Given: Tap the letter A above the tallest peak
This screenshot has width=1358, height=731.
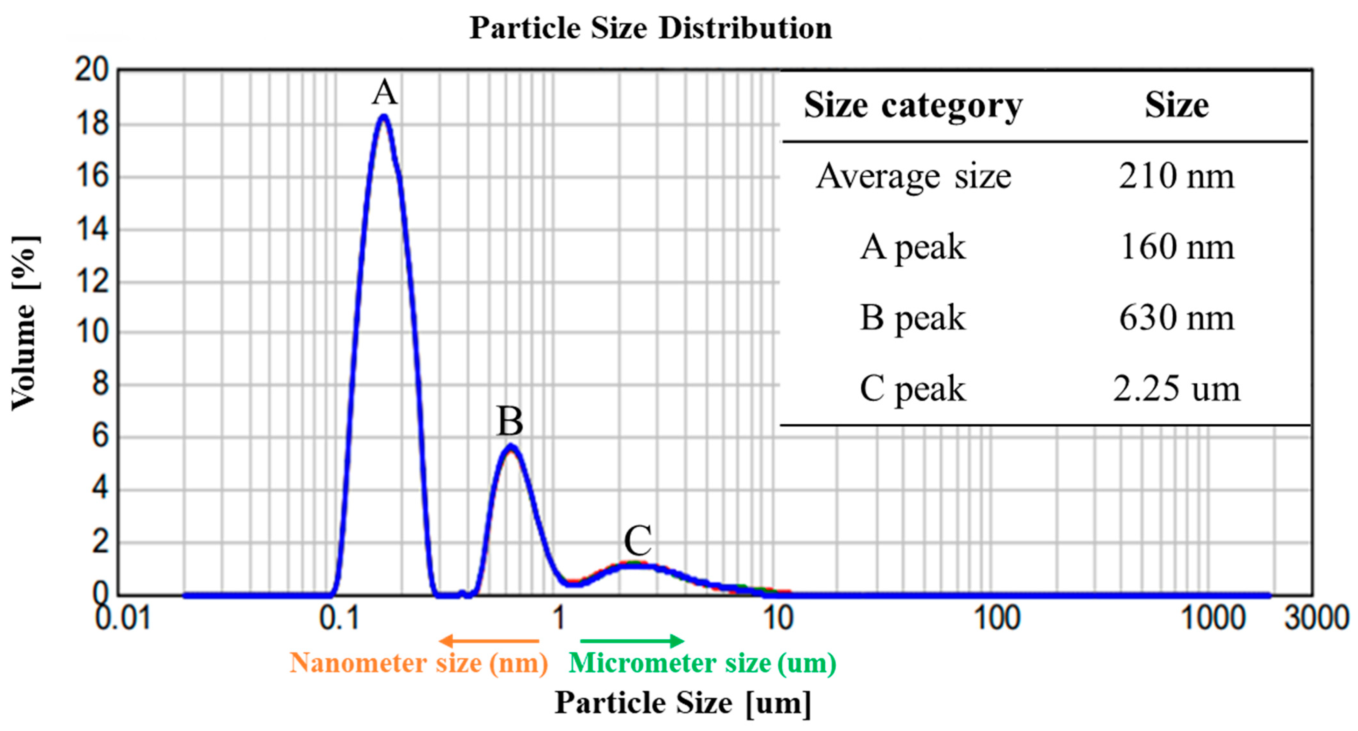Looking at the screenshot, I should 385,93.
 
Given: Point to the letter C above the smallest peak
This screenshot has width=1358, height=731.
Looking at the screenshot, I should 638,540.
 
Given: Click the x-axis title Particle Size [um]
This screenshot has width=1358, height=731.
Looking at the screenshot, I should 683,703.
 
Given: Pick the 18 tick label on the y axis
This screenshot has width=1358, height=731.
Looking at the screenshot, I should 92,124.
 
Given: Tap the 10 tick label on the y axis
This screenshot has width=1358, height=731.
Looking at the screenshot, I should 92,333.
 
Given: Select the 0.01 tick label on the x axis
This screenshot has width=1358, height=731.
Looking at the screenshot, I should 122,618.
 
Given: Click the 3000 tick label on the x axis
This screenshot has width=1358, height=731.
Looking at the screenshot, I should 1316,618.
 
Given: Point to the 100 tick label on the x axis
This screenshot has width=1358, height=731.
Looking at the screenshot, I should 996,618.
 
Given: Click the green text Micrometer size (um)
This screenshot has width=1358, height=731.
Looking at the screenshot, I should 702,663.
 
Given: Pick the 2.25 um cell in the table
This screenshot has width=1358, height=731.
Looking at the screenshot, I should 1176,389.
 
